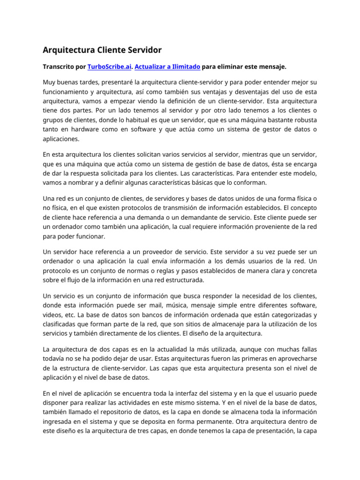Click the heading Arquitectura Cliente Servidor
click(x=102, y=50)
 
